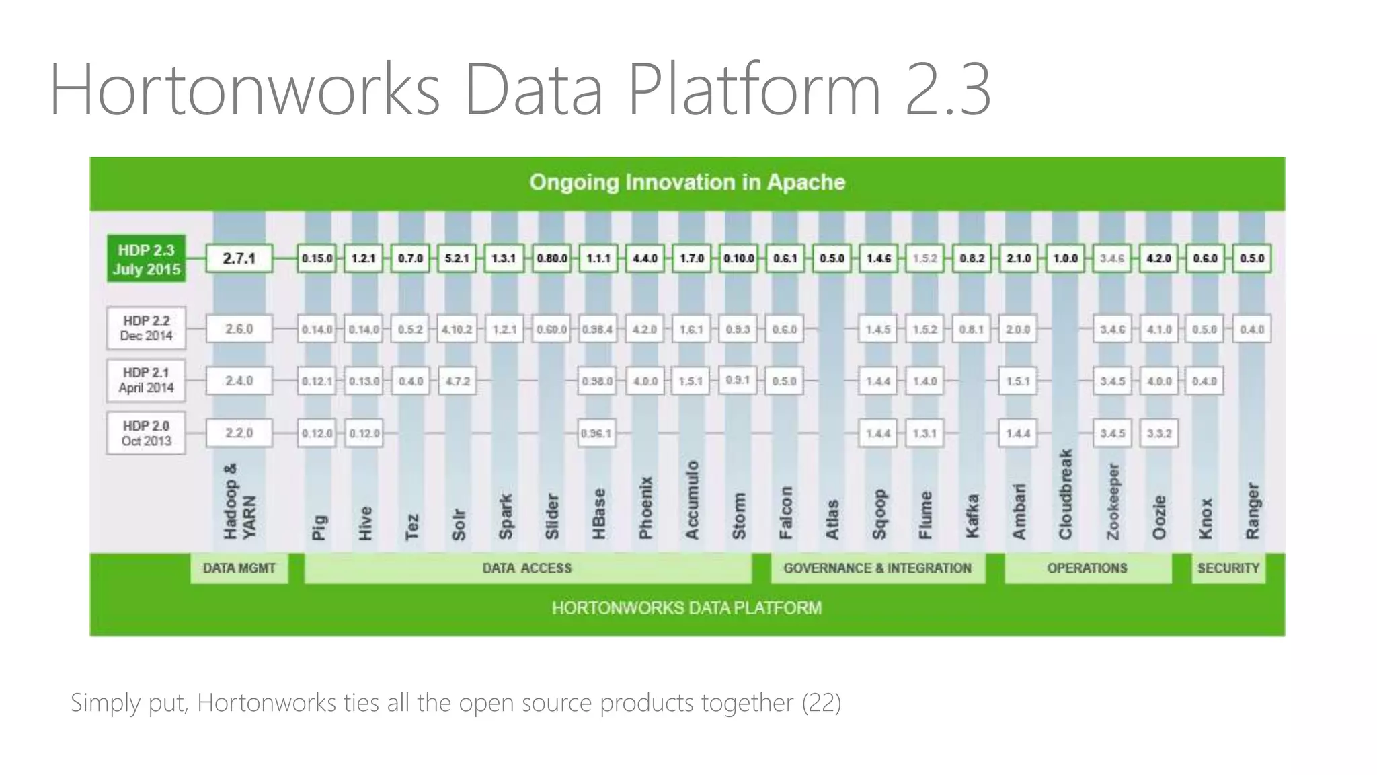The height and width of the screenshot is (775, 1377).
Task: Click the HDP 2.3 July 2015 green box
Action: [146, 259]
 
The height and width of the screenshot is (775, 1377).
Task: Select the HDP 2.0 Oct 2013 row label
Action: [146, 433]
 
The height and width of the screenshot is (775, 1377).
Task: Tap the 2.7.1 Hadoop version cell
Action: [239, 258]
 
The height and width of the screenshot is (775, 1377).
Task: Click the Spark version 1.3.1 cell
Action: [504, 258]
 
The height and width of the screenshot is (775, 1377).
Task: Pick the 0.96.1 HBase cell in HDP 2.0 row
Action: [596, 433]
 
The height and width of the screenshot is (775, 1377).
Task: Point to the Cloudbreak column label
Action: [1065, 494]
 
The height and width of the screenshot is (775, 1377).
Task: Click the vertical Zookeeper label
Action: [1112, 501]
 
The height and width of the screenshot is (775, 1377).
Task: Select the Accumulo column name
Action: [692, 499]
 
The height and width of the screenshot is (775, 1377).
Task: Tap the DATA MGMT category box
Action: [239, 568]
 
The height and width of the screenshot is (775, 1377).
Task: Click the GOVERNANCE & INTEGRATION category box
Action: [877, 568]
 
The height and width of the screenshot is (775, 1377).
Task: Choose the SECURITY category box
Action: [1228, 568]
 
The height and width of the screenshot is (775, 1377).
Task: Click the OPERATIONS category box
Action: [1087, 568]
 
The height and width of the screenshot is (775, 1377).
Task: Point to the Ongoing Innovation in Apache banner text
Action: [686, 182]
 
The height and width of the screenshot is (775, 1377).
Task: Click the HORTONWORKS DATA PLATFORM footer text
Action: [686, 608]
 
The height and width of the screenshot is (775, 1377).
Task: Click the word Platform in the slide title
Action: [754, 89]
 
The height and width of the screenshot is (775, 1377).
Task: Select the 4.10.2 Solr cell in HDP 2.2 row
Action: [457, 330]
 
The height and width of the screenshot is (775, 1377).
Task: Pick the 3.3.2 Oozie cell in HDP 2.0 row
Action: [1158, 433]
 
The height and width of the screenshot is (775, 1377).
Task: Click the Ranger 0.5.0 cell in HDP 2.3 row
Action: [1251, 258]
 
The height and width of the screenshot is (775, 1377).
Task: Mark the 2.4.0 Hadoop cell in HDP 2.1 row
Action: [239, 381]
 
